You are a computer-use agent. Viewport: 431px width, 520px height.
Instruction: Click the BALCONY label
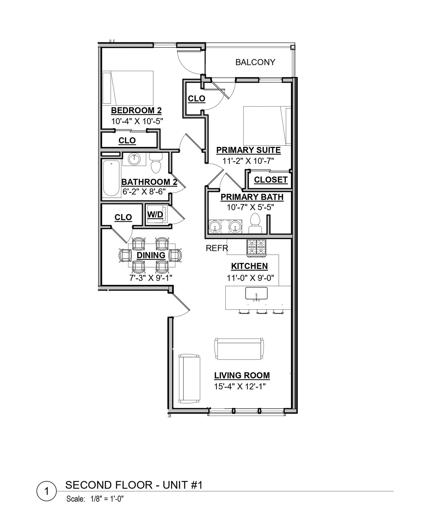(255, 62)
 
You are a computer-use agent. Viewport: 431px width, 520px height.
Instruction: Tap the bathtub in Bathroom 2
(111, 179)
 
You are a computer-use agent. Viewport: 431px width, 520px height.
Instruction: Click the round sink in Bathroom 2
(134, 159)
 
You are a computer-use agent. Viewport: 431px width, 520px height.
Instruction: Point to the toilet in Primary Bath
(255, 223)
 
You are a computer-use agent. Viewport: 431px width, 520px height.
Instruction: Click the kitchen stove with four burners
(257, 247)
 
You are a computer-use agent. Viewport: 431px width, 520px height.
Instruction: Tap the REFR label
(217, 248)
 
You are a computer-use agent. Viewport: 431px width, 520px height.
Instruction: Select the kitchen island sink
(256, 293)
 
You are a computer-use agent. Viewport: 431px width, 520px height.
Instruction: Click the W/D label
(155, 215)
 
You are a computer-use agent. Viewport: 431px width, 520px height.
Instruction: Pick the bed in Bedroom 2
(128, 88)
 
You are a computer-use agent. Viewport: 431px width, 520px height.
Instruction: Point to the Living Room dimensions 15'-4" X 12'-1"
(240, 387)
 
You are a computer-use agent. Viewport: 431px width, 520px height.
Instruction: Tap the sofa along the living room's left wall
(189, 378)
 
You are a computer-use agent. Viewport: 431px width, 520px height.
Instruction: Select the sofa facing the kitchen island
(239, 349)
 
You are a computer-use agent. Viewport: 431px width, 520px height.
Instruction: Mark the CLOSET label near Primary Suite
(270, 180)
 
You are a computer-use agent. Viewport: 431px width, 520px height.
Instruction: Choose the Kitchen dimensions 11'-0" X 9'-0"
(250, 278)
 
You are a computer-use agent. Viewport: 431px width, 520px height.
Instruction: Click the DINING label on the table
(151, 255)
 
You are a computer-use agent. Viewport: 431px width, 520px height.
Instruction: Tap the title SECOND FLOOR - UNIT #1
(134, 485)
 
